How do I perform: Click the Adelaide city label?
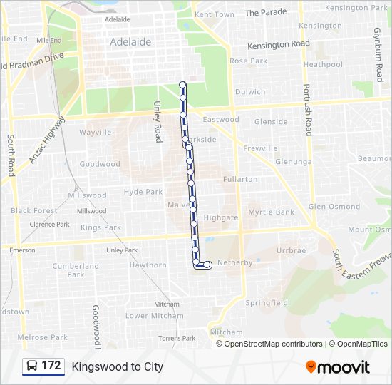[x=130, y=42]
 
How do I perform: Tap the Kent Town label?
[x=214, y=14]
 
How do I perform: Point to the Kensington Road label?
[x=279, y=44]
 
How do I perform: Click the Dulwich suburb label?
[x=250, y=92]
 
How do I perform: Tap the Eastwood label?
[x=225, y=120]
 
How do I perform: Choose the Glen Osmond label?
[x=334, y=207]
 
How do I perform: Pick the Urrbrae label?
[x=291, y=251]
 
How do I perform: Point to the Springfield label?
[x=267, y=303]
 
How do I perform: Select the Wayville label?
[x=95, y=133]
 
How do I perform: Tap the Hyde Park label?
[x=143, y=192]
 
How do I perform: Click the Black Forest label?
[x=34, y=211]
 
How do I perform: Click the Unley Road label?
[x=158, y=121]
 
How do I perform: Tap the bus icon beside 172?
[x=32, y=366]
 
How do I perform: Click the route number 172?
[x=51, y=366]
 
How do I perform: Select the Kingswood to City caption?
[x=118, y=366]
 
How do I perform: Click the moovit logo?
[x=338, y=367]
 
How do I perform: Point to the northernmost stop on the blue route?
[x=182, y=86]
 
